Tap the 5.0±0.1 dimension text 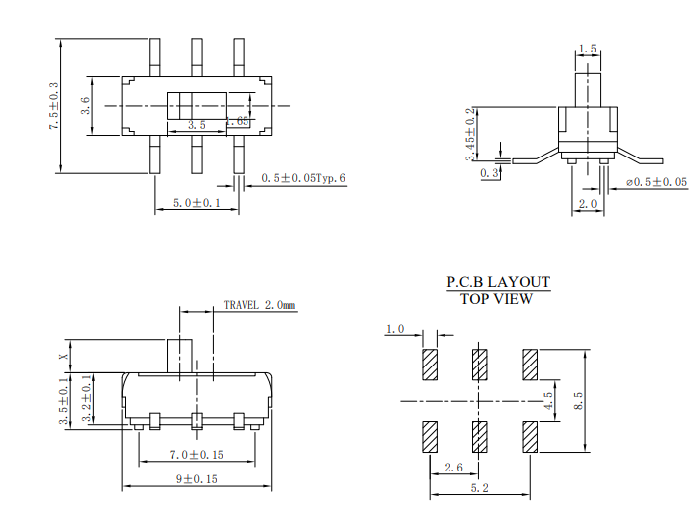pos(197,203)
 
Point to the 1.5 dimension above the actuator pos(587,49)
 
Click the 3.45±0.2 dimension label pos(471,135)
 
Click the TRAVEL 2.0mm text pos(258,306)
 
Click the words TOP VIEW pos(497,299)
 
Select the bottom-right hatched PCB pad pos(529,436)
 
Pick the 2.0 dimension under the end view pos(588,204)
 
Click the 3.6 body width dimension pos(86,105)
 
